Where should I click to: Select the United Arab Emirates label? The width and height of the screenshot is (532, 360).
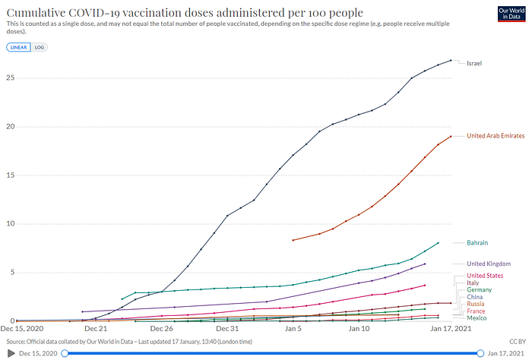[496, 135]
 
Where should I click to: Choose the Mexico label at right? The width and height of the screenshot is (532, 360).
[477, 317]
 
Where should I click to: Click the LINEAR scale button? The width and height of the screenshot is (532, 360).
[18, 47]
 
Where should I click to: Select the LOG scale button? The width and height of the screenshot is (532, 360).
[40, 47]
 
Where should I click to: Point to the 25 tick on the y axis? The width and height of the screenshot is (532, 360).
[10, 77]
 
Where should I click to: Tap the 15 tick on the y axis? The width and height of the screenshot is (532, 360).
[10, 175]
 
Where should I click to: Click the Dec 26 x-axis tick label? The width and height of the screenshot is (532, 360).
[162, 329]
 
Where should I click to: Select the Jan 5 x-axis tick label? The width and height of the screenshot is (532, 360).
[293, 329]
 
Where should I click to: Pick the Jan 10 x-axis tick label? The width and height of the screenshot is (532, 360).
[359, 329]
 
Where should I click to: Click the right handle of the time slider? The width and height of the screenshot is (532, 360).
[480, 353]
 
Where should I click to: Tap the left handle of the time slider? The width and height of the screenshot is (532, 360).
[65, 353]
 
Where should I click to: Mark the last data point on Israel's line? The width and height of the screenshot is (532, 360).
[451, 60]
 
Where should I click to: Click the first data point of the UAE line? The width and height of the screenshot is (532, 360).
[293, 240]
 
